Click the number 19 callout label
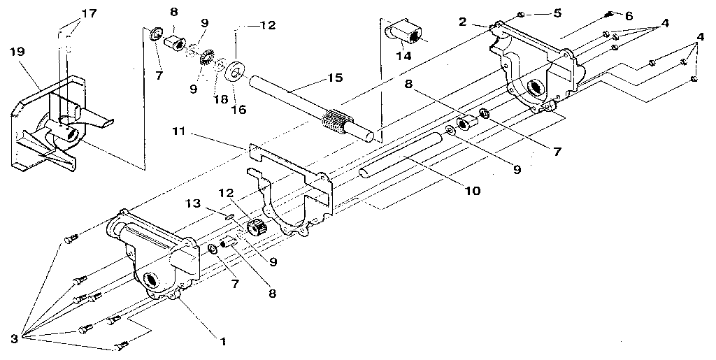point(17,52)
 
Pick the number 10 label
point(473,189)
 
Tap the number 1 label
point(222,341)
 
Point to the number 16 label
point(238,89)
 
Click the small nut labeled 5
point(521,14)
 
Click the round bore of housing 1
point(152,282)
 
